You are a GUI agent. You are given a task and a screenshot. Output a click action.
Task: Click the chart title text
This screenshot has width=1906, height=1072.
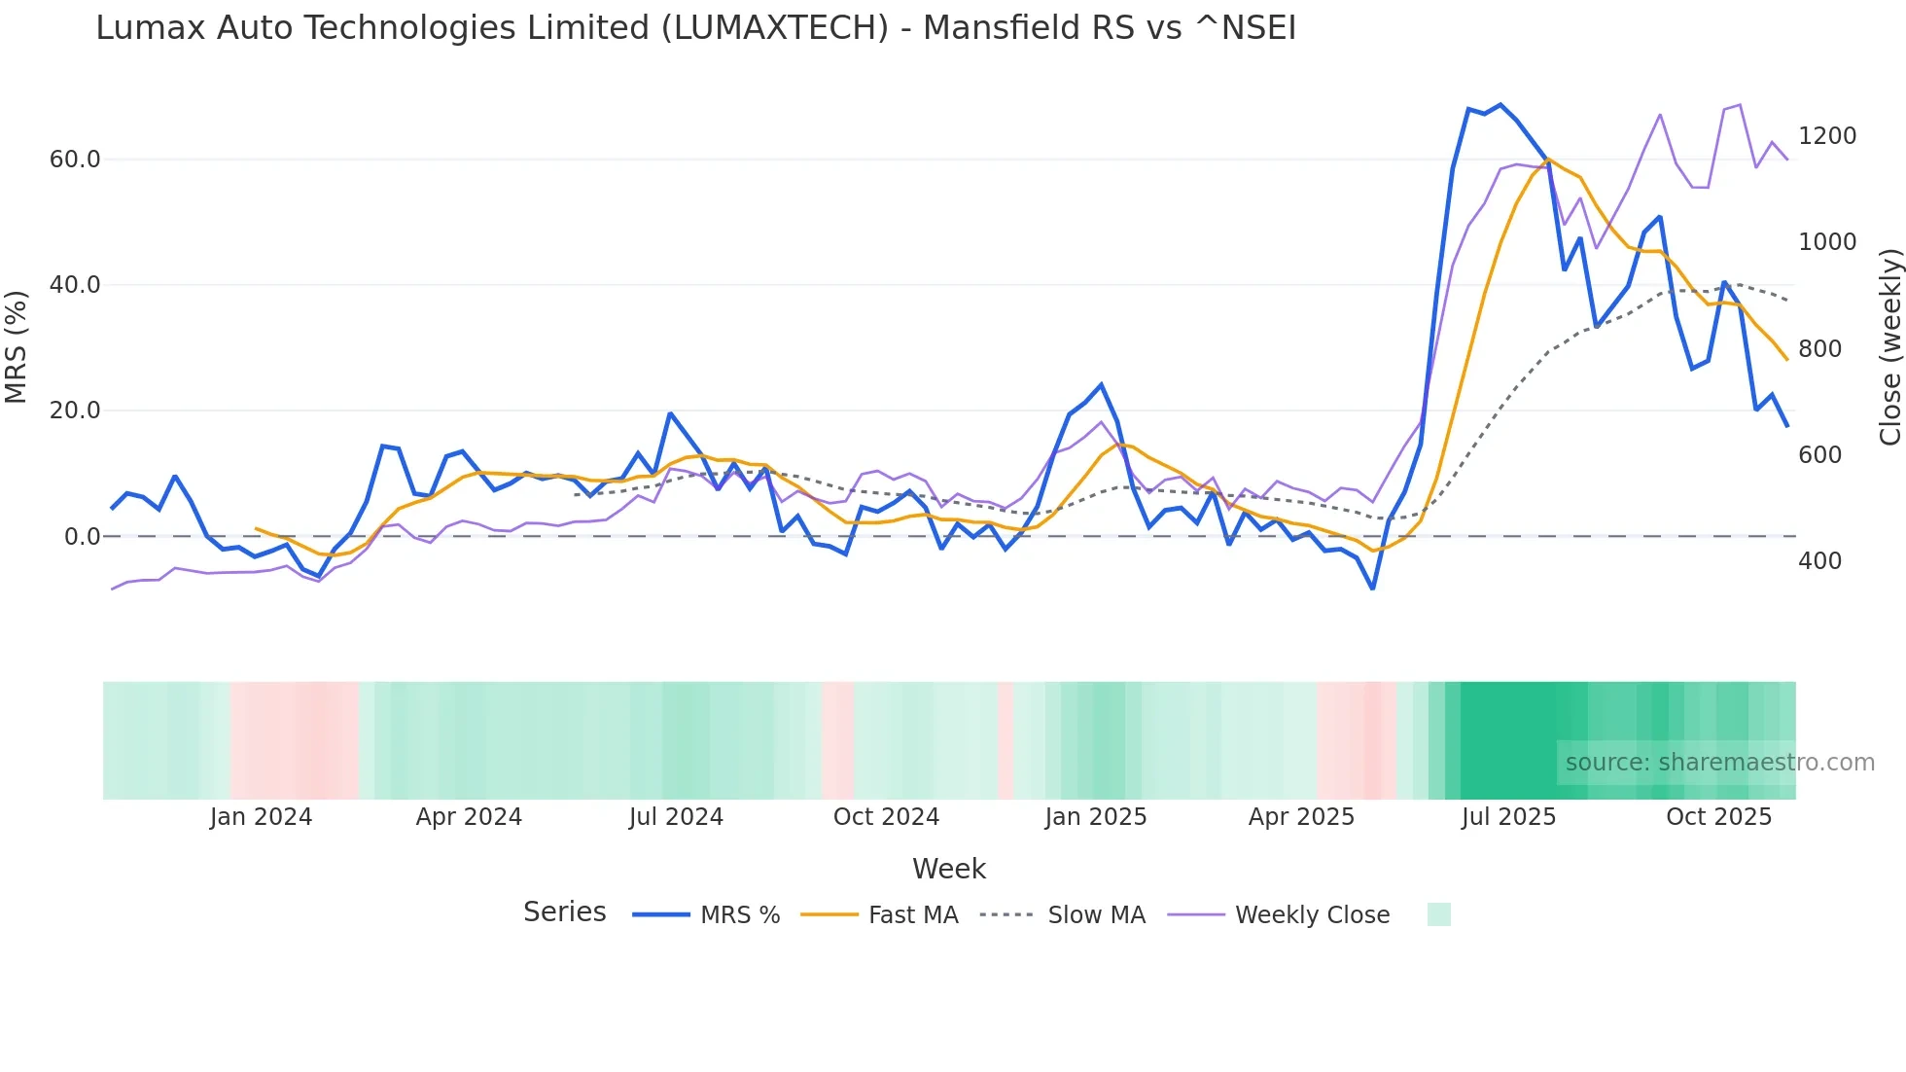695,28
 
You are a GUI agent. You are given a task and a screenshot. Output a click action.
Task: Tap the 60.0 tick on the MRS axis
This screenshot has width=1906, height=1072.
75,160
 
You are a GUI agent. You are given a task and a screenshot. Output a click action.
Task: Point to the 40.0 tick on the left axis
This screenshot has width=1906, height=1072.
75,285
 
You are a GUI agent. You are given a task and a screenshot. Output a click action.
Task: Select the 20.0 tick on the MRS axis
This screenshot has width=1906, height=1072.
75,411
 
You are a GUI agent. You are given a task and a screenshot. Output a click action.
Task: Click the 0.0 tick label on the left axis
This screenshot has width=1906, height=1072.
82,537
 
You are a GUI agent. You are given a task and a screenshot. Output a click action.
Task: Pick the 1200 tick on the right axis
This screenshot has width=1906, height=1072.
1827,136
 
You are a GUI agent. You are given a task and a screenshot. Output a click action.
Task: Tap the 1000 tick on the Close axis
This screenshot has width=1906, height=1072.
1827,242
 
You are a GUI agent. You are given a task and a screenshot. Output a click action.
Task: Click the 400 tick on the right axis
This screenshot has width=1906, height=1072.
1819,561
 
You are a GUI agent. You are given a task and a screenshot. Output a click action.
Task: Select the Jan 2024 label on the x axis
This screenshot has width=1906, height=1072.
261,817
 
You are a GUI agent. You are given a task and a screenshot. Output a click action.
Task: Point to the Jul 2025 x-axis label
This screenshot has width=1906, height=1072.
1508,817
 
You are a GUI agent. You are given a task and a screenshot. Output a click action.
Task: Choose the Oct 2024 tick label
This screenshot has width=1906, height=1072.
886,817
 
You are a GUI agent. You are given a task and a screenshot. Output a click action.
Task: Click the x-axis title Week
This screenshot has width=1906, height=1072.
949,869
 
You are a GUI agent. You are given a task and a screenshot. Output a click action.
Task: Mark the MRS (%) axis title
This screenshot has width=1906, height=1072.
17,347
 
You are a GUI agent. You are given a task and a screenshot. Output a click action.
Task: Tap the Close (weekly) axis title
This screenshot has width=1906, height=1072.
1889,347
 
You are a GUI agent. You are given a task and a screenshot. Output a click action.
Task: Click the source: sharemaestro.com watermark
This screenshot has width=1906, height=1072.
1719,763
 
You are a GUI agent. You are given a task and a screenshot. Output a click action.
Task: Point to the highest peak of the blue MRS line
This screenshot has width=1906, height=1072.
1500,104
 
